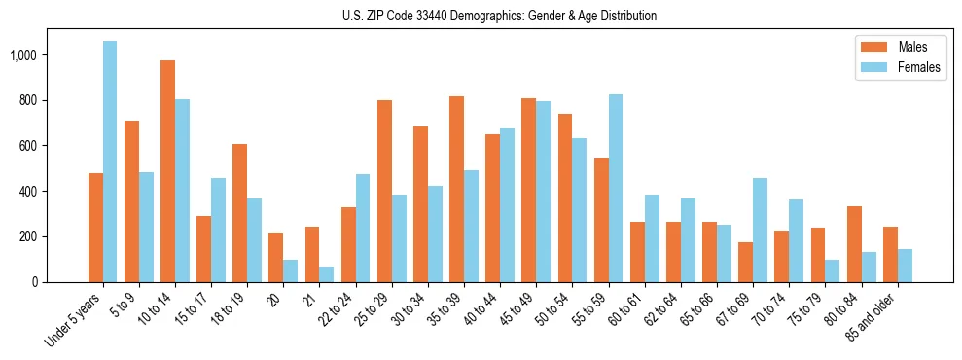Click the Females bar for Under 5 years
(x=110, y=162)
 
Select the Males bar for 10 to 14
(x=168, y=171)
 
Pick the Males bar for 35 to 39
(x=456, y=189)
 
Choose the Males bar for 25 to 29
(x=384, y=191)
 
